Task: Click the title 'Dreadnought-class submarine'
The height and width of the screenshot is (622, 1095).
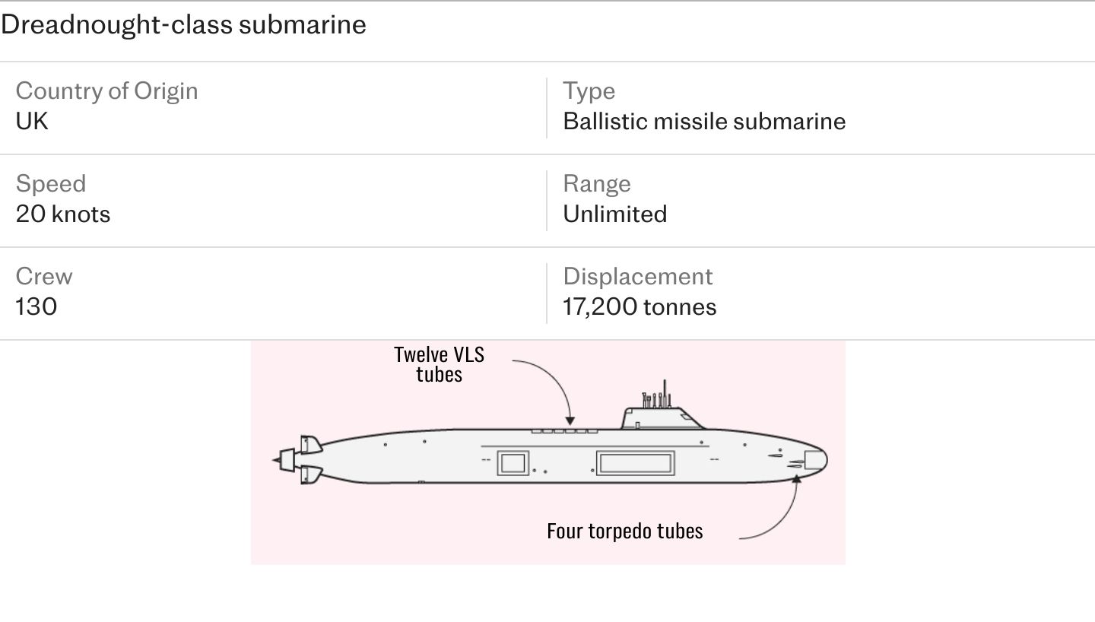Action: (183, 24)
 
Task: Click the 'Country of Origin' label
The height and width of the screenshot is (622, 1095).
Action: (106, 91)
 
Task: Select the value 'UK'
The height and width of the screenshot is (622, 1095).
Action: (32, 121)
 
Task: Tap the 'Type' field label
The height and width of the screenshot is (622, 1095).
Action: (589, 91)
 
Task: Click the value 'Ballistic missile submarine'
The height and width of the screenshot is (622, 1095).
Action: (704, 121)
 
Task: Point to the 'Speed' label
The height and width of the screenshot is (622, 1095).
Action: (51, 184)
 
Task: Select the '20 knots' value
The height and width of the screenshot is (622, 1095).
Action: (63, 214)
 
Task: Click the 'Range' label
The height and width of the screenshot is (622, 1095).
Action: (597, 184)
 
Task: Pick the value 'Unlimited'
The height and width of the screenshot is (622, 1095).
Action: (615, 214)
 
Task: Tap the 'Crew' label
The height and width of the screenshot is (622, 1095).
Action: (44, 276)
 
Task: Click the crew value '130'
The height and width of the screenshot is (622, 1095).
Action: (36, 307)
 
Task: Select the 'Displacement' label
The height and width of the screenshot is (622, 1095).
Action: (638, 277)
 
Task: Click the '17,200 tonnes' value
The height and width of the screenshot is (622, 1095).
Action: (640, 307)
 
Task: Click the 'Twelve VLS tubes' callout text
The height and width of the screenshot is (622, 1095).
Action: (439, 364)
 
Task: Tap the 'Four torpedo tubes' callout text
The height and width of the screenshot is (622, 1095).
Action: (625, 531)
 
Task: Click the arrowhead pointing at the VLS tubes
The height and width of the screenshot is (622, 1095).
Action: (570, 421)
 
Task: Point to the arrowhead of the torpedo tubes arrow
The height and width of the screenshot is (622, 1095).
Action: (797, 479)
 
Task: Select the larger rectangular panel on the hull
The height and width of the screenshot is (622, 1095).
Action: (635, 463)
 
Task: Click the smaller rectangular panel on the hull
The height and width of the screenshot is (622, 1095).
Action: (513, 463)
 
